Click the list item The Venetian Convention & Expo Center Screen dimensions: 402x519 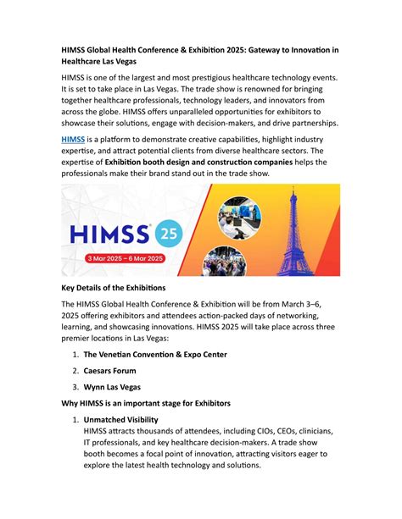[167, 354]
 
